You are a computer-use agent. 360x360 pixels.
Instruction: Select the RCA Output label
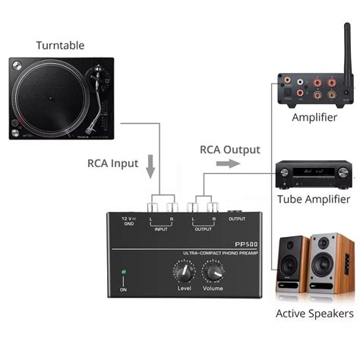tap(229, 150)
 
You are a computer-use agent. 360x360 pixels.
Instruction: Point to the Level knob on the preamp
tap(184, 270)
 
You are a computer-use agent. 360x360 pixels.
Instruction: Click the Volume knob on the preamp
tap(213, 270)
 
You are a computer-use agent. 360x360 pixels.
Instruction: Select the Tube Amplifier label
tap(314, 199)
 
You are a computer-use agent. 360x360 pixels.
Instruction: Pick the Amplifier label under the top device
tap(314, 117)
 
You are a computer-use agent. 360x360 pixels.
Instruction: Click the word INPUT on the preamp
tap(161, 229)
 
